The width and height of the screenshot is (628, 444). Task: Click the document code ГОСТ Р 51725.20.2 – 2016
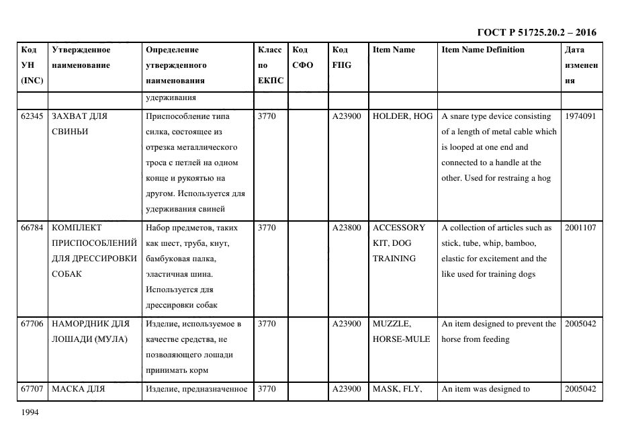[x=536, y=32]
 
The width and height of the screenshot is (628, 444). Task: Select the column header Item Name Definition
[x=482, y=50]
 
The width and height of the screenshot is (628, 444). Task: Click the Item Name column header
[x=394, y=50]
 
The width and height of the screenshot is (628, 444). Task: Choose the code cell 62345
[x=32, y=116]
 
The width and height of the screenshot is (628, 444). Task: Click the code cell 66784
[x=32, y=228]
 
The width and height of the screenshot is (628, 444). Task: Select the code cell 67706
[x=32, y=324]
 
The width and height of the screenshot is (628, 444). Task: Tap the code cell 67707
[x=32, y=389]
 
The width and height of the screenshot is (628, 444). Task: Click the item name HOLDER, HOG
[x=402, y=116]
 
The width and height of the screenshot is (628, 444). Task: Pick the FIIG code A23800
[x=347, y=228]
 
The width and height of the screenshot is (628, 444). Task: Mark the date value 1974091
[x=580, y=116]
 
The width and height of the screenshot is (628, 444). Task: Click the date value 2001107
[x=580, y=228]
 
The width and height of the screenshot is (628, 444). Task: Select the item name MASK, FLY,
[x=396, y=389]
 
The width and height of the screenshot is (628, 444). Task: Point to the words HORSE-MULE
[x=401, y=339]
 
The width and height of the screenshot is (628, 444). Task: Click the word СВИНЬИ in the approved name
[x=70, y=132]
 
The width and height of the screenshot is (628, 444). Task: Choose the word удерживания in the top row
[x=171, y=98]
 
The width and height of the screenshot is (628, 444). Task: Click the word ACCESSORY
[x=399, y=228]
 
